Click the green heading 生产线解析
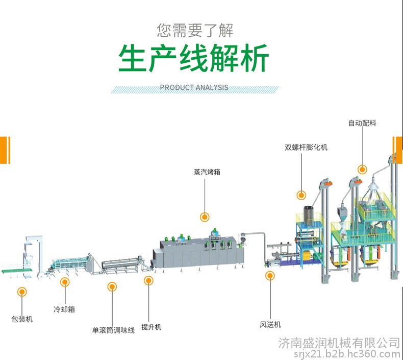(x=193, y=58)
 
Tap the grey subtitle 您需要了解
(x=195, y=30)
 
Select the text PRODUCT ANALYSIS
(x=194, y=87)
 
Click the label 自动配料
(x=362, y=123)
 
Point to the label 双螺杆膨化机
(x=306, y=148)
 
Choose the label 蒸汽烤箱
(x=207, y=172)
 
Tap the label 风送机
(x=270, y=324)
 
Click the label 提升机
(x=151, y=327)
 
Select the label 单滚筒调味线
(x=113, y=330)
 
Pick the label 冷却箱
(x=64, y=309)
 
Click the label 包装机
(x=22, y=319)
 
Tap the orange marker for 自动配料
(x=362, y=170)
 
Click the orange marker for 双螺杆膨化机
(x=301, y=195)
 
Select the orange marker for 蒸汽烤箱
(x=205, y=217)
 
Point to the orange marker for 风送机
(x=270, y=276)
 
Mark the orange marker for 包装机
(x=22, y=292)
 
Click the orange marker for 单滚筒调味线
(x=112, y=286)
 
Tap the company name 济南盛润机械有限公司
(x=339, y=343)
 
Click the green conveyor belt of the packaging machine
(x=17, y=271)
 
